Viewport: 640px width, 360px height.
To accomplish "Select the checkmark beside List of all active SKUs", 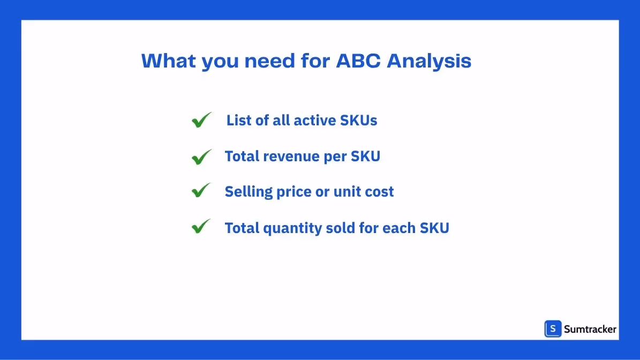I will pos(201,120).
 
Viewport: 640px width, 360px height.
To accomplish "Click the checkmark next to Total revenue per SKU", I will pos(201,156).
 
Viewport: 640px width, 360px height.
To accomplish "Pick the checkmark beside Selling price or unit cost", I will pos(201,191).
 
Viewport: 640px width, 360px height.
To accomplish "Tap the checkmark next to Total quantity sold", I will pos(201,227).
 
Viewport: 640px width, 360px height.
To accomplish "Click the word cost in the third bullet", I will pos(379,192).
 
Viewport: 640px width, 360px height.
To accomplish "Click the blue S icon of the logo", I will pos(553,329).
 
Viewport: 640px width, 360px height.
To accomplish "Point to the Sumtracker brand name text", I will pos(590,329).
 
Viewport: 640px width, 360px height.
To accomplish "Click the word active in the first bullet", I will pos(315,120).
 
